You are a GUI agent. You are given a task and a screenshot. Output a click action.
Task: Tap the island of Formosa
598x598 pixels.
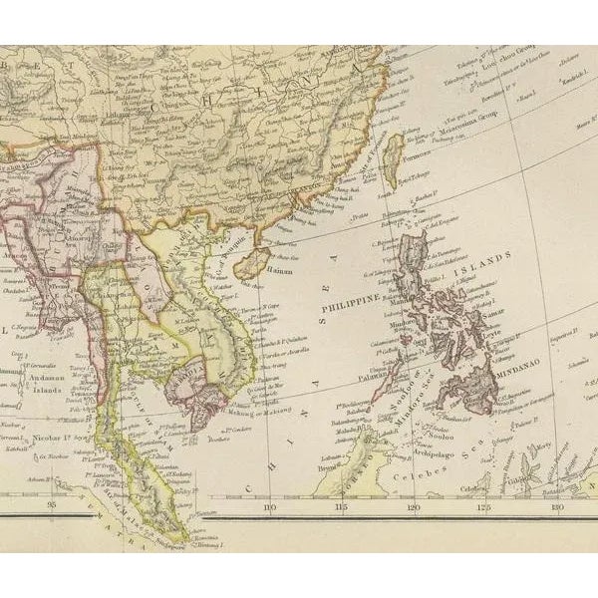click(x=394, y=149)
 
